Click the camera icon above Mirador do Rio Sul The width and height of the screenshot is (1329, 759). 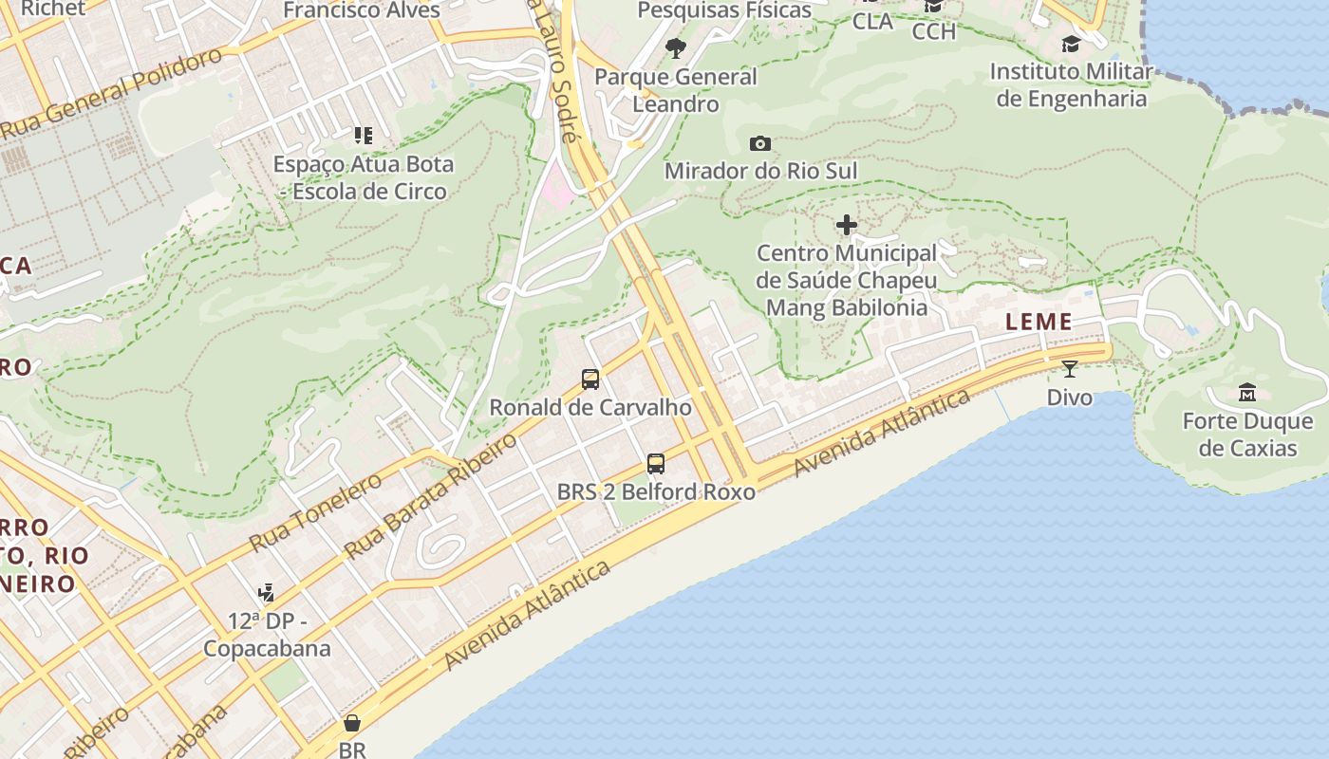point(759,144)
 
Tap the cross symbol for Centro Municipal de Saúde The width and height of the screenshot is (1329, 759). point(846,225)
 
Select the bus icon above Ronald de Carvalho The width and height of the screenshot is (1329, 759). point(590,379)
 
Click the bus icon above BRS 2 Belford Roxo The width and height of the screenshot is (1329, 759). point(655,464)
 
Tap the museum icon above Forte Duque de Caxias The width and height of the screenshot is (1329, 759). point(1247,392)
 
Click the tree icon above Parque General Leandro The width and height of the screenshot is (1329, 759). point(675,47)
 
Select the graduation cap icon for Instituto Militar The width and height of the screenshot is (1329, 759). point(1071,44)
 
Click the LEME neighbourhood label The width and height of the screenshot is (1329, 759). point(1039,322)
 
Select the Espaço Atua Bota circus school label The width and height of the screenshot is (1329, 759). point(364,177)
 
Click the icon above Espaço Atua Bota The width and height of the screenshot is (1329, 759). point(363,136)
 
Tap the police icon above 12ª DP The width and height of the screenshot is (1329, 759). point(267,593)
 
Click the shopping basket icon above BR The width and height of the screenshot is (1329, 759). point(352,723)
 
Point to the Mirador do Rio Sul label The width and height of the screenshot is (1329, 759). point(760,171)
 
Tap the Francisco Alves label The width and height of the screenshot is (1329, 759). point(362,10)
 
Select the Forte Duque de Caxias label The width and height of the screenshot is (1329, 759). point(1247,434)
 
